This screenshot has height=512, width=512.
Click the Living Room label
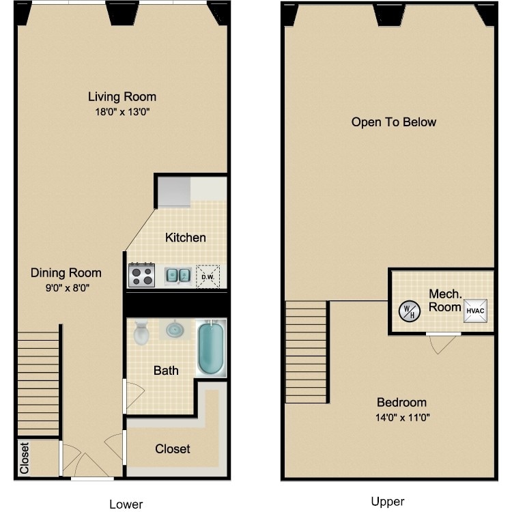(x=122, y=96)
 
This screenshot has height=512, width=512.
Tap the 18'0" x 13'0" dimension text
(x=122, y=112)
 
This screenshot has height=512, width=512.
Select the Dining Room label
(x=66, y=273)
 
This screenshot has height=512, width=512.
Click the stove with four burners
(x=143, y=275)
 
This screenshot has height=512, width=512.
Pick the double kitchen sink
(x=180, y=275)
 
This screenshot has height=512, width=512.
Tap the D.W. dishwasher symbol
(x=208, y=276)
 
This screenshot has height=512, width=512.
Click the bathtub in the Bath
(x=212, y=347)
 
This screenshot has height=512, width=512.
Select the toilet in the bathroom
(x=142, y=333)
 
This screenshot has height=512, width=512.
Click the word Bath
(x=166, y=371)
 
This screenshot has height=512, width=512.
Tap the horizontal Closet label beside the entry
(x=172, y=449)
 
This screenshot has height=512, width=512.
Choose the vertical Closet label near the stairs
(x=25, y=459)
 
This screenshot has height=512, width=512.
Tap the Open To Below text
(x=393, y=122)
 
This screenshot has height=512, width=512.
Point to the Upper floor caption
(x=388, y=502)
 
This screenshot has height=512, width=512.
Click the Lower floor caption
(x=126, y=504)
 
